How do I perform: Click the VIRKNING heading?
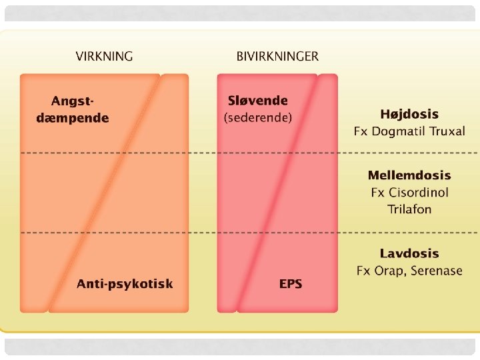coord(104,57)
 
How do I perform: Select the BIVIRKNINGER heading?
coord(277,57)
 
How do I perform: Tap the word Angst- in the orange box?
coord(73,101)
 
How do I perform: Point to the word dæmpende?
coord(72,118)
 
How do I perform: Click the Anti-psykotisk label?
coord(125,284)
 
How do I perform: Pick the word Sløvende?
coord(258,101)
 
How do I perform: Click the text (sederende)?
coord(258,118)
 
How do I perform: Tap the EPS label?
coord(291,284)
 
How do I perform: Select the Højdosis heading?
coord(409,114)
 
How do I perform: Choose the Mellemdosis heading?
coord(409,176)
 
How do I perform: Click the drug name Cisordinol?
coord(419,193)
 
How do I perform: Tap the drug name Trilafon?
coord(409,209)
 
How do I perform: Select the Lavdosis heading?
coord(409,253)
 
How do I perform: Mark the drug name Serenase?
coord(437,271)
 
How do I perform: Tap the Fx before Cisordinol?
coord(378,193)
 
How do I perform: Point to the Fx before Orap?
coord(363,271)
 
